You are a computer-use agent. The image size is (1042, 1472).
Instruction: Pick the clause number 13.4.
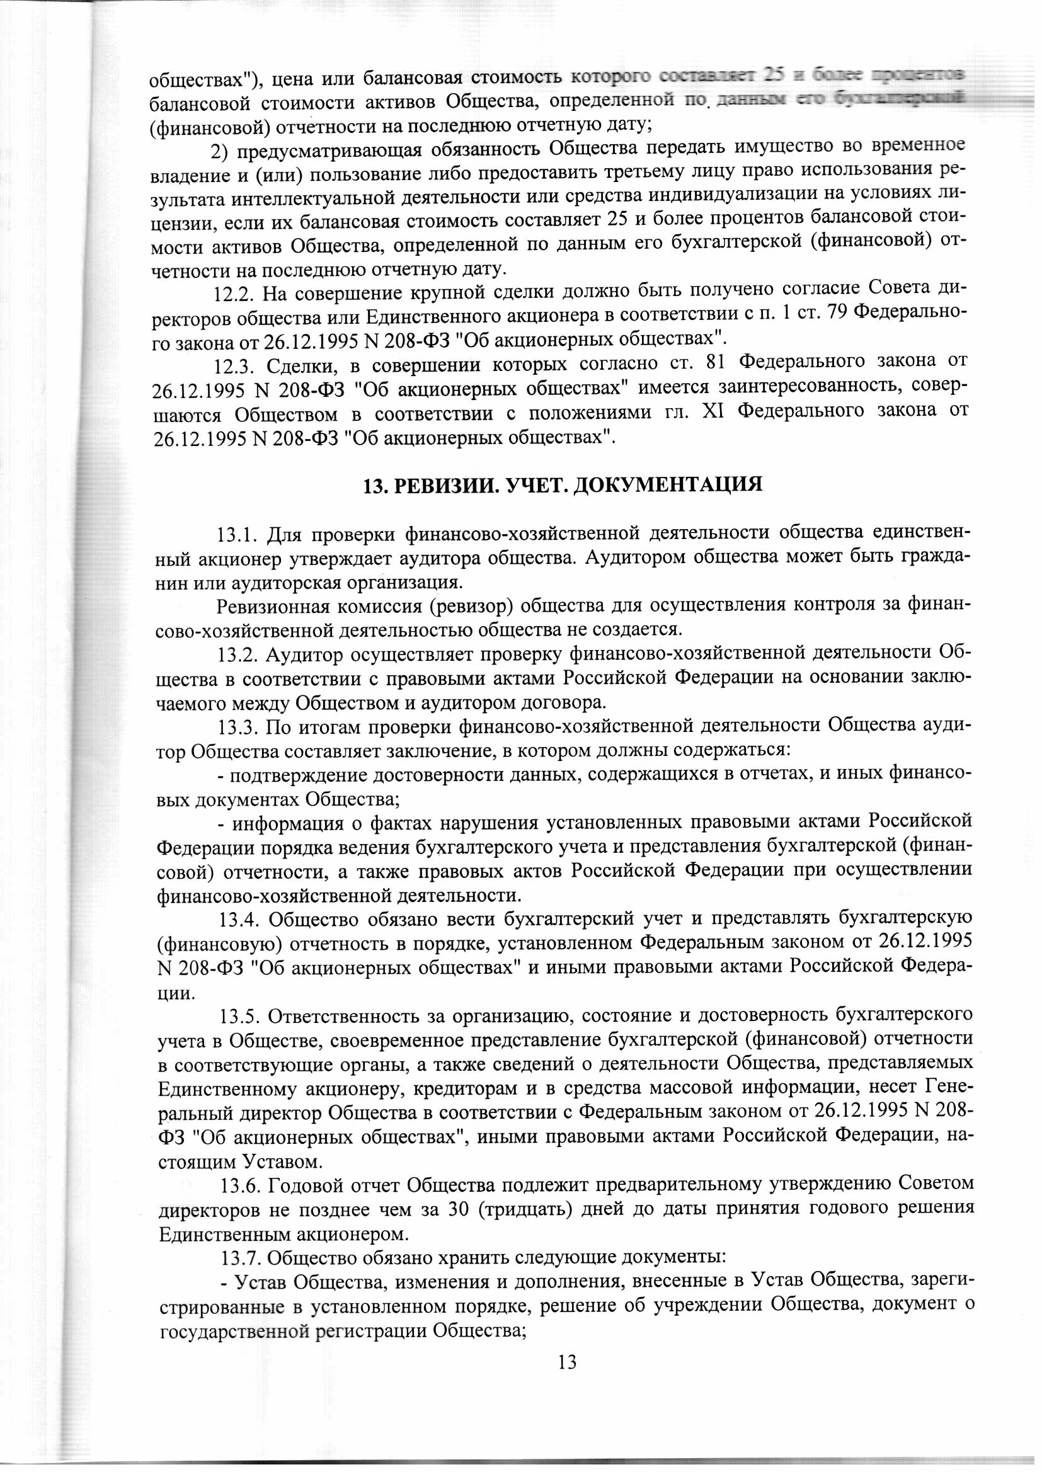pos(240,920)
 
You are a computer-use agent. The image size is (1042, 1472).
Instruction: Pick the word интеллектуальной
pos(299,201)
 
